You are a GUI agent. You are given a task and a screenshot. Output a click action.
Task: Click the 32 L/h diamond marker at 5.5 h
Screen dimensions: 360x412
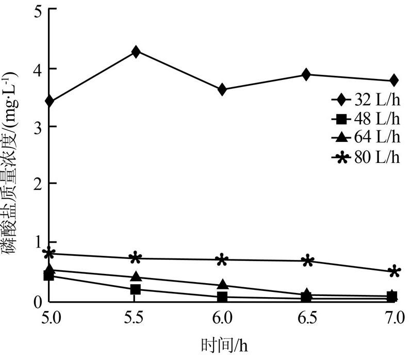(136, 52)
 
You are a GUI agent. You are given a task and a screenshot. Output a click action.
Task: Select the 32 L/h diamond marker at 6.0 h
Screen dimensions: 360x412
(222, 90)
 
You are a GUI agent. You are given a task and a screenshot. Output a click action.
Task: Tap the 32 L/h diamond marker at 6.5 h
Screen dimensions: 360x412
(306, 74)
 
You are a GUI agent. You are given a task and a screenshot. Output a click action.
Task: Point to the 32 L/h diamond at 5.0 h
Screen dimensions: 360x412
(50, 101)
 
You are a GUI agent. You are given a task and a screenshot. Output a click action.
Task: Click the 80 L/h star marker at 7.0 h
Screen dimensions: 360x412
(394, 272)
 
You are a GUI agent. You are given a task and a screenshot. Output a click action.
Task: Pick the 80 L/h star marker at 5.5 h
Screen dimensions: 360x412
(135, 258)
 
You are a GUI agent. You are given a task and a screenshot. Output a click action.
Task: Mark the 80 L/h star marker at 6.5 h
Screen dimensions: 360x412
(308, 260)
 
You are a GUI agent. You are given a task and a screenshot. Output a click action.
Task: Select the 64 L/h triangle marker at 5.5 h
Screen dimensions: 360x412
(136, 277)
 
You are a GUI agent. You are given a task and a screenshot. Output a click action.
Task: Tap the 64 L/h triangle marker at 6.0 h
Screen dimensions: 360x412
(222, 285)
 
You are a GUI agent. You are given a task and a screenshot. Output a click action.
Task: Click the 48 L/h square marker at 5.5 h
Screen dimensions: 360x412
(136, 289)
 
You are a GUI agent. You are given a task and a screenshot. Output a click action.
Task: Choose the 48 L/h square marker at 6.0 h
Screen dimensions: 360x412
(222, 297)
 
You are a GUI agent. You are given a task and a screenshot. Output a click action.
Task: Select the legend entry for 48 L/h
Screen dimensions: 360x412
(366, 119)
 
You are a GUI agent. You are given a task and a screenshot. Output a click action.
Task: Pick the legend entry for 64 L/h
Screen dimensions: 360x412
(366, 137)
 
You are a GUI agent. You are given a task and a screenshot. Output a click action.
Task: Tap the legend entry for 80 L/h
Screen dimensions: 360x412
(366, 157)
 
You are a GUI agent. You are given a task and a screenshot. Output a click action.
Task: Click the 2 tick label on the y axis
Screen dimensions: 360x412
(37, 184)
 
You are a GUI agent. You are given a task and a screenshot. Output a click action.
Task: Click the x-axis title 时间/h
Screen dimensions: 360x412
(222, 344)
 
